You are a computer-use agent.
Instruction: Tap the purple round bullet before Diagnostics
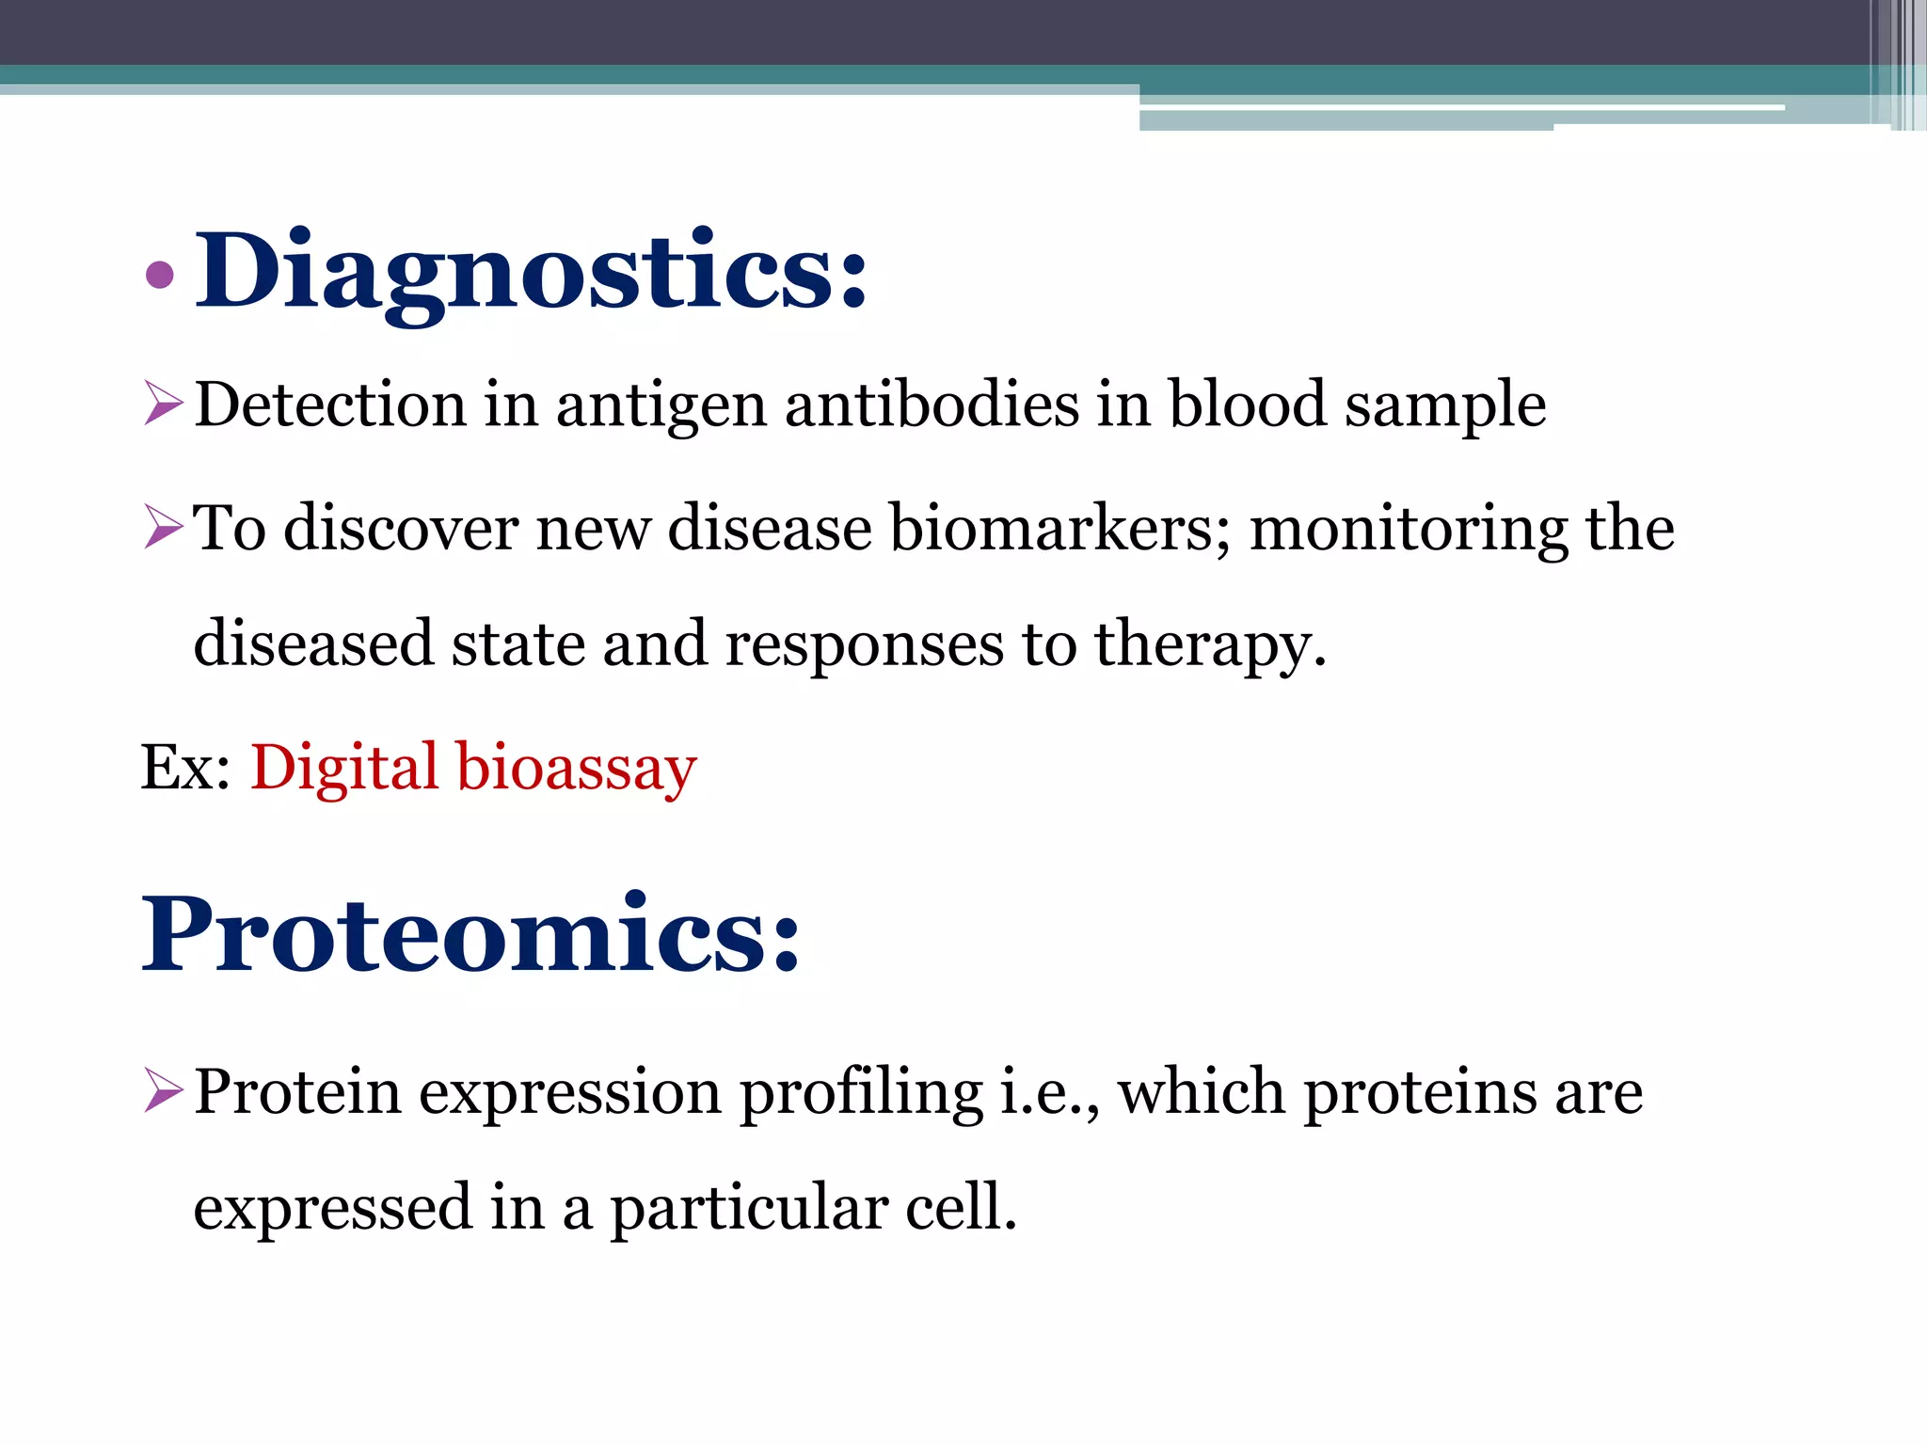pos(161,275)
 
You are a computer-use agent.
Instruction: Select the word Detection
pos(330,405)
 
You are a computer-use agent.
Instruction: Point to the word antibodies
pos(932,405)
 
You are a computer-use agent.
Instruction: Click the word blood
pos(1247,405)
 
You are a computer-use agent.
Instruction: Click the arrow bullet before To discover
pos(164,526)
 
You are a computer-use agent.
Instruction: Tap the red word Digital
pos(344,769)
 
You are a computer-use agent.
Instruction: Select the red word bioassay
pos(576,769)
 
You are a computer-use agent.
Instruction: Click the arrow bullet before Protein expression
pos(164,1091)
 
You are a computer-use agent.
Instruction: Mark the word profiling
pos(860,1094)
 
